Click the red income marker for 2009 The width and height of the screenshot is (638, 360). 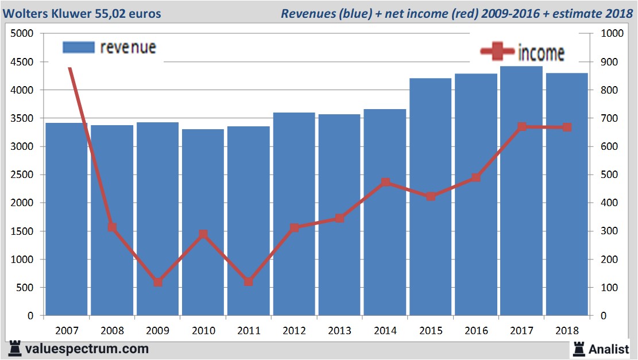pyautogui.click(x=158, y=282)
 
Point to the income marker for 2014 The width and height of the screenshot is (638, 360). pyautogui.click(x=385, y=183)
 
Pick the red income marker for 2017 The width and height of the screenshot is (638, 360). pyautogui.click(x=522, y=127)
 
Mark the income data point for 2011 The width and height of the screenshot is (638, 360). pyautogui.click(x=249, y=282)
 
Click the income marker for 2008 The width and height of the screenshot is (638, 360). pyautogui.click(x=113, y=227)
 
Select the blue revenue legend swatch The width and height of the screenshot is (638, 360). pyautogui.click(x=78, y=47)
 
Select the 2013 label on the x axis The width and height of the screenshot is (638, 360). pyautogui.click(x=339, y=331)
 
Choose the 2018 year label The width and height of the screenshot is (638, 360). pyautogui.click(x=567, y=331)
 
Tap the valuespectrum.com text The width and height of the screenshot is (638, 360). pyautogui.click(x=87, y=349)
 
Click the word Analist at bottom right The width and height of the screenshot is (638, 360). pyautogui.click(x=609, y=349)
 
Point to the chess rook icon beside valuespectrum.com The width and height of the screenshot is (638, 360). pyautogui.click(x=14, y=349)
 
